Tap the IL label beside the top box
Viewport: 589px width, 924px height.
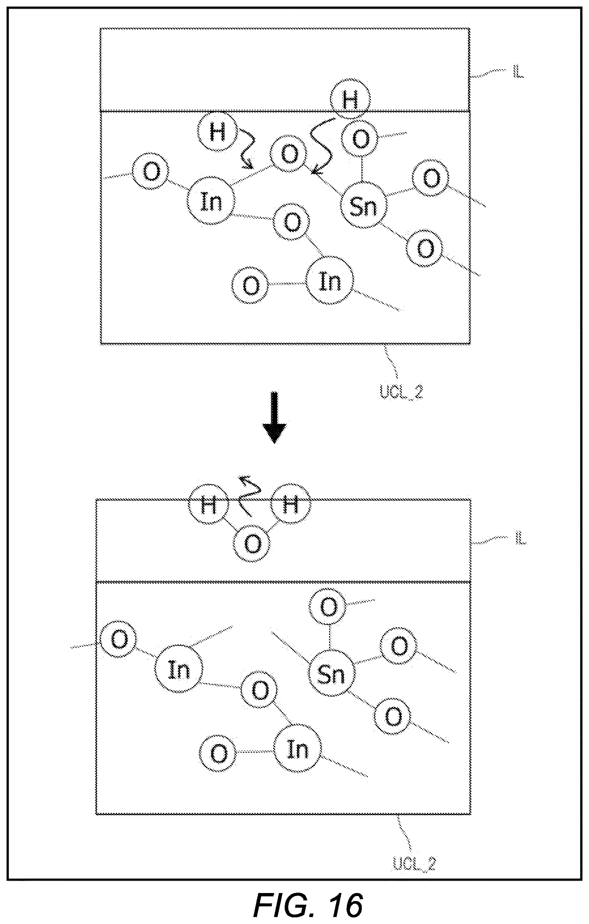coord(518,73)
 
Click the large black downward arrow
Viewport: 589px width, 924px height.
coord(274,417)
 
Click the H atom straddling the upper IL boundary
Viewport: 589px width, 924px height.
coord(350,101)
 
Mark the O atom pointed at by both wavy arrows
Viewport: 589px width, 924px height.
coord(289,154)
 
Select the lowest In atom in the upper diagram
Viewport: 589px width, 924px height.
coord(330,281)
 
